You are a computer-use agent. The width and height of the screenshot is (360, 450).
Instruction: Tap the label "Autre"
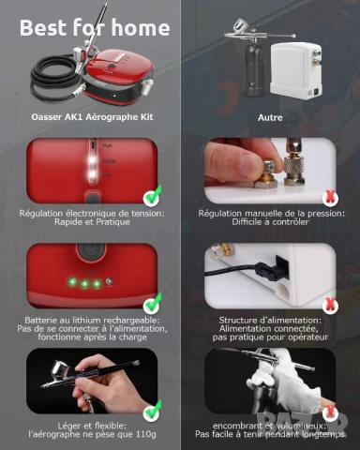pos(270,117)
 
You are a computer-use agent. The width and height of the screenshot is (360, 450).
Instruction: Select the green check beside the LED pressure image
pos(153,196)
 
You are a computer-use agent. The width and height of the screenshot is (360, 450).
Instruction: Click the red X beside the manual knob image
pos(330,197)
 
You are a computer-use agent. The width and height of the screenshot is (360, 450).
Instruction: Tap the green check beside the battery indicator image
pos(153,304)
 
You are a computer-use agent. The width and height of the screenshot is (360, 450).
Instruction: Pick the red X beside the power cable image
pos(330,305)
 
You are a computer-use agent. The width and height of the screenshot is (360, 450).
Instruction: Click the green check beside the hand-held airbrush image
pos(153,411)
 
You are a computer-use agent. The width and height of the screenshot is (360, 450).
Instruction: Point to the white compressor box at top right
pos(295,70)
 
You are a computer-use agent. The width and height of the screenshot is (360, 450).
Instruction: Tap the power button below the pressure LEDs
pos(92,199)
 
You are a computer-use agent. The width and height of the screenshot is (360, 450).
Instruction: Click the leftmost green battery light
pos(72,282)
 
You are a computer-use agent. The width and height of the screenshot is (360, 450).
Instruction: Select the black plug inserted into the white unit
pos(269,269)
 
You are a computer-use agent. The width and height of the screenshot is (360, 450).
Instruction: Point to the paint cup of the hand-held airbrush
pos(61,371)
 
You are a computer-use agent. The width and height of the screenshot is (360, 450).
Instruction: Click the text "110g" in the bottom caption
pos(146,434)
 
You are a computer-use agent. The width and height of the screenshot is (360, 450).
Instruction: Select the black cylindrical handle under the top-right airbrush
pos(253,68)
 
